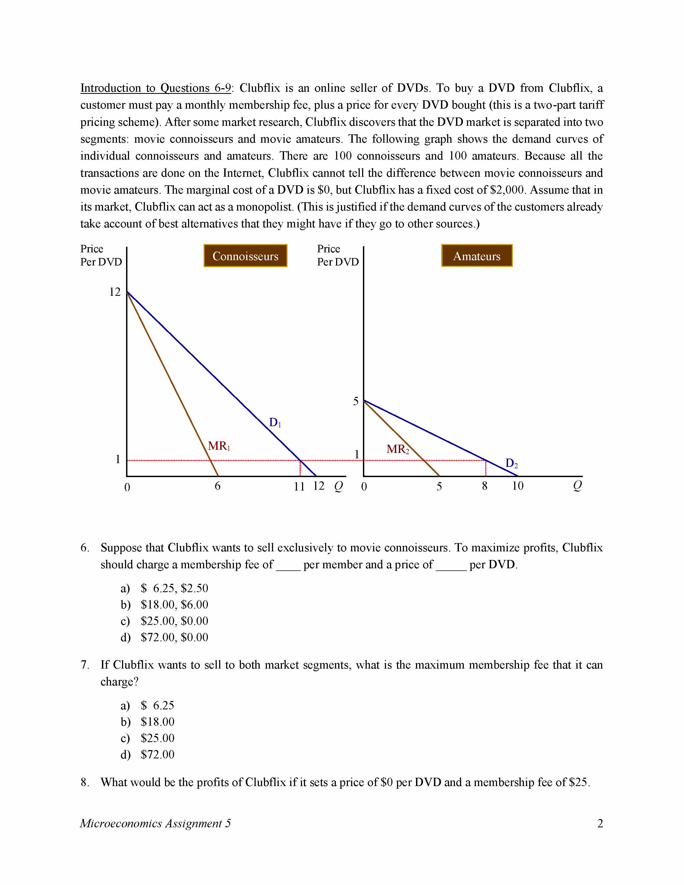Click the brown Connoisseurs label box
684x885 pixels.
click(245, 256)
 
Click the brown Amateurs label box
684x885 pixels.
click(477, 256)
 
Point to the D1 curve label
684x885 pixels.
click(275, 423)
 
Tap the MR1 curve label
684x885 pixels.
click(219, 446)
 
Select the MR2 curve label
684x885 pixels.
click(398, 449)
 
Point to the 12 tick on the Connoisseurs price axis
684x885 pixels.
click(115, 292)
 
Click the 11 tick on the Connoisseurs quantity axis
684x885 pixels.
click(299, 486)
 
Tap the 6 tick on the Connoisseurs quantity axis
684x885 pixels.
click(218, 486)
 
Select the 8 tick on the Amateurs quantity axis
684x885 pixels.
click(485, 486)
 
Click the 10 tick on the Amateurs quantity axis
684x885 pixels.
click(517, 486)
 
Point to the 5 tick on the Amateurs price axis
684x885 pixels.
click(356, 401)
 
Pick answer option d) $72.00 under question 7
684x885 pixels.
click(157, 754)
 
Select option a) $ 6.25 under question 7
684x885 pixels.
click(157, 706)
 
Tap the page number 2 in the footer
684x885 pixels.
click(600, 823)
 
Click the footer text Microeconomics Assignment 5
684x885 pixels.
click(155, 823)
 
